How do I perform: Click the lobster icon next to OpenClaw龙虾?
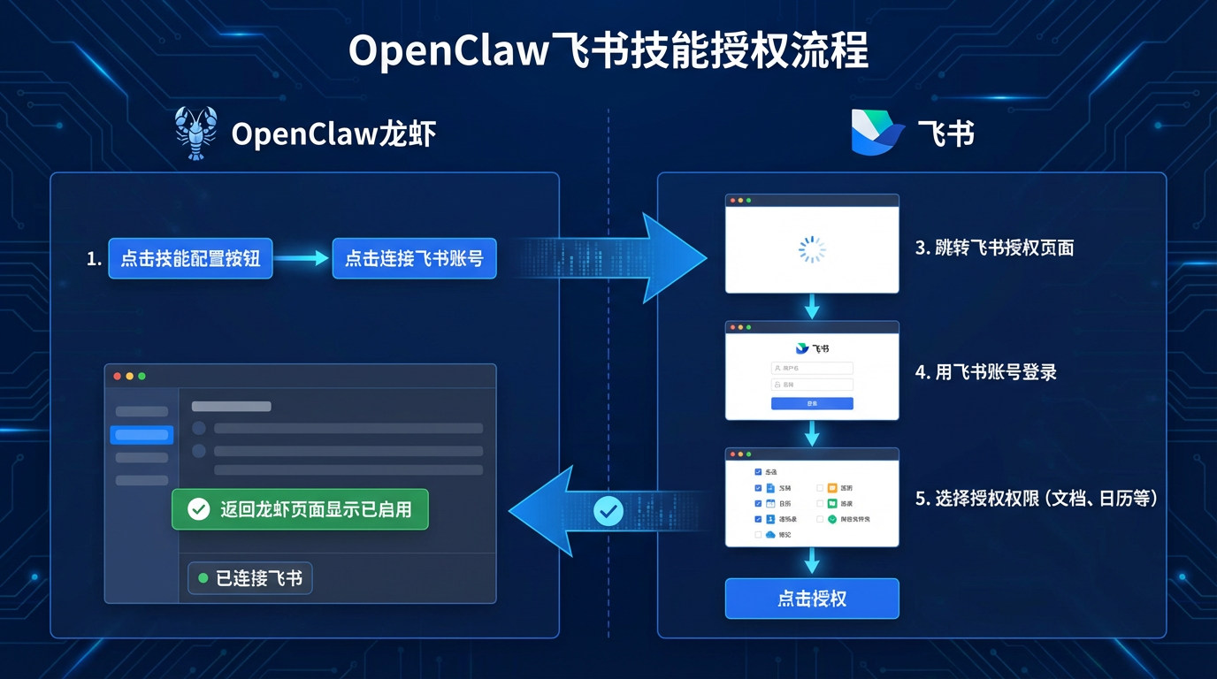[196, 134]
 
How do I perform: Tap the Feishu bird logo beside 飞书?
[877, 134]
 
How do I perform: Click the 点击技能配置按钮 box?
[190, 259]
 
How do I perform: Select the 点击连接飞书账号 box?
[414, 259]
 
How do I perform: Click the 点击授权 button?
[812, 599]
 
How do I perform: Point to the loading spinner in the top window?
[812, 249]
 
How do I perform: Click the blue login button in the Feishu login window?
[812, 403]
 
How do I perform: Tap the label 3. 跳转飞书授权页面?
[994, 248]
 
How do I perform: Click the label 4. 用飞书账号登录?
[985, 372]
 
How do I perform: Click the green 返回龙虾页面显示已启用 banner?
[300, 509]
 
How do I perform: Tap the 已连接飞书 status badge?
[250, 578]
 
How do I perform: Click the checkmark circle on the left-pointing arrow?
[608, 510]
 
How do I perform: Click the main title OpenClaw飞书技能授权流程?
[608, 51]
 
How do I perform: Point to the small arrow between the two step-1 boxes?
[302, 259]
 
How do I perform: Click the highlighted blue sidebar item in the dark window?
[142, 434]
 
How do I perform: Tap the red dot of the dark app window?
[118, 377]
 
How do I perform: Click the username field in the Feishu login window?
[812, 368]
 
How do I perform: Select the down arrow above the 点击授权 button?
[812, 561]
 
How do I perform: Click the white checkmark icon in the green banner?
[199, 509]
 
